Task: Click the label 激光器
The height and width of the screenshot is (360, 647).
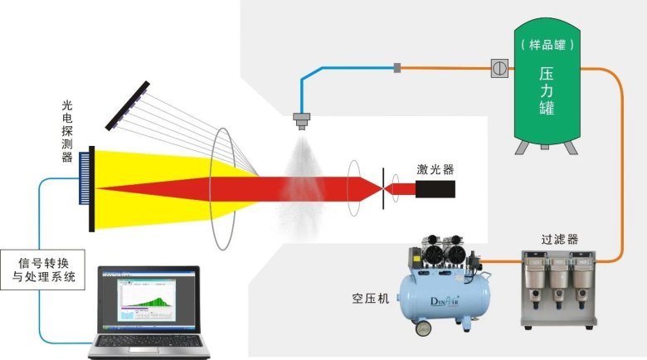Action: click(x=435, y=171)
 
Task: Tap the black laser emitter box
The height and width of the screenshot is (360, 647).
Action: click(x=435, y=189)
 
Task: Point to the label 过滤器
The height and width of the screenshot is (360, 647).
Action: click(x=559, y=239)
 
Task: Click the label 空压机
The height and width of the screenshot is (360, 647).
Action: click(x=369, y=298)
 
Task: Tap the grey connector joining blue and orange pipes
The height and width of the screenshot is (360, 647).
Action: click(x=397, y=66)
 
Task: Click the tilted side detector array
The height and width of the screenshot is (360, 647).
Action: click(x=129, y=106)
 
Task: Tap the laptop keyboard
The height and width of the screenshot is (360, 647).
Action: click(x=149, y=343)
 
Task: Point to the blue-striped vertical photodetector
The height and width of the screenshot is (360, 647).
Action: click(x=87, y=189)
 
